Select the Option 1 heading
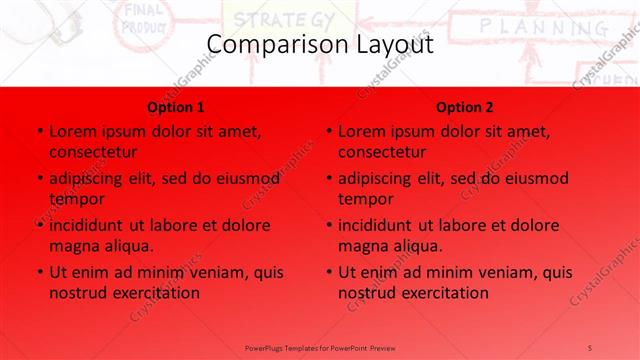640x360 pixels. [176, 107]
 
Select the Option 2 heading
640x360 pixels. [465, 107]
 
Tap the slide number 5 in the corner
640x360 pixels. [591, 347]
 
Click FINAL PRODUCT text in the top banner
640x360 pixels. [143, 17]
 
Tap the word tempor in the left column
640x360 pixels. [77, 199]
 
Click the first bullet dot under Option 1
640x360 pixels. [39, 131]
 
